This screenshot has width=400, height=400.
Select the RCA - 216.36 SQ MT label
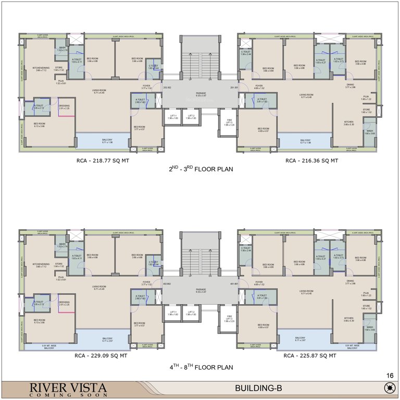click(x=311, y=161)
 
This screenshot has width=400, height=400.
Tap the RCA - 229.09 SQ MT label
click(x=101, y=356)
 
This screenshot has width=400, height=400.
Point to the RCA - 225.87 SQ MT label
click(x=311, y=356)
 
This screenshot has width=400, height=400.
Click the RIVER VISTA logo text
click(x=68, y=387)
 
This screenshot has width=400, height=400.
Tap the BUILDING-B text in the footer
click(x=259, y=389)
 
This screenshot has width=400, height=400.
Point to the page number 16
click(x=390, y=376)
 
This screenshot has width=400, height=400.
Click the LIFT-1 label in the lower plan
click(x=173, y=313)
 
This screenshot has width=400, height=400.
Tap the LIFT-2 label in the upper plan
click(x=191, y=117)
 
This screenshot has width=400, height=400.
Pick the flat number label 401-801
click(x=234, y=284)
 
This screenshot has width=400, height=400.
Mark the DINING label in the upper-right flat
click(x=350, y=85)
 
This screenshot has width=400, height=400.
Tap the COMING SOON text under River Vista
click(x=68, y=395)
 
